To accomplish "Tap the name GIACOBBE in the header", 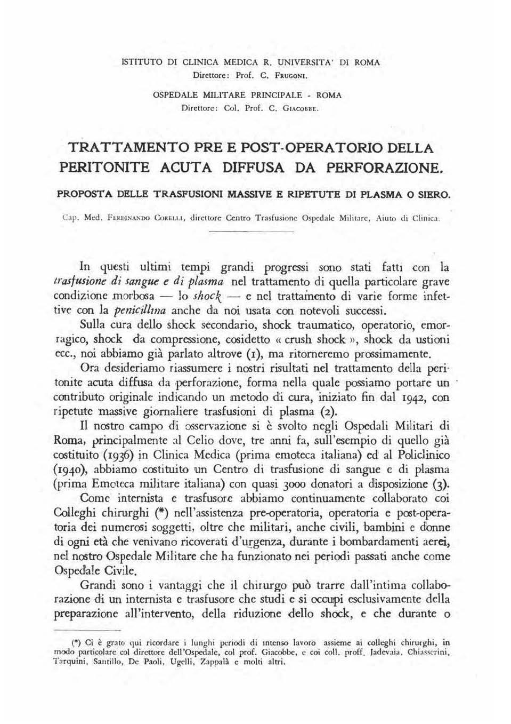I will [302, 110].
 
